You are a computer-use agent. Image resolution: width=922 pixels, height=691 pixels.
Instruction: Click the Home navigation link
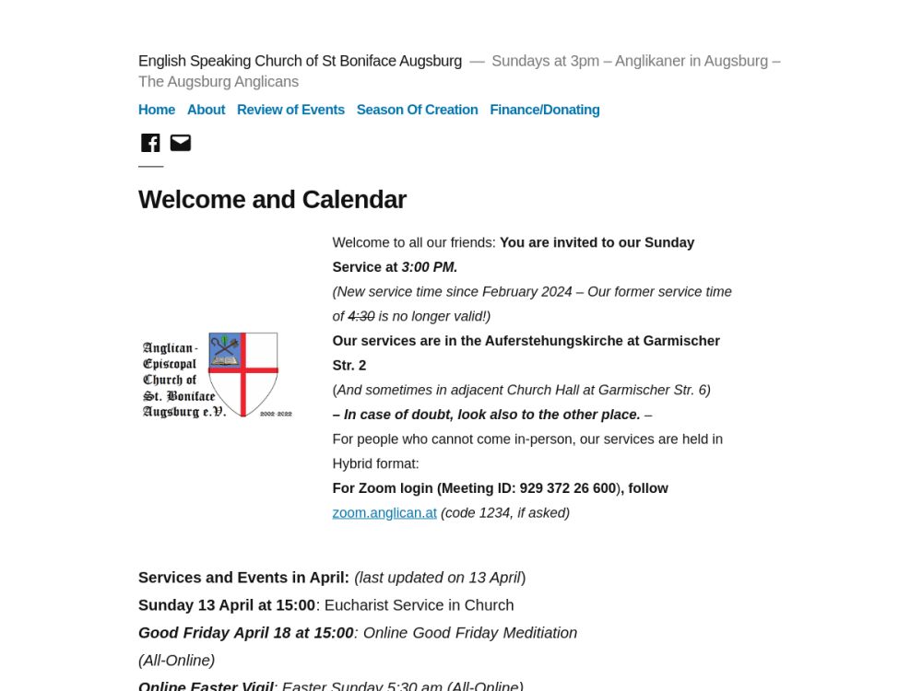click(157, 110)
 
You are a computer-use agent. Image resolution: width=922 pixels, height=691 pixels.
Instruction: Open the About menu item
click(206, 110)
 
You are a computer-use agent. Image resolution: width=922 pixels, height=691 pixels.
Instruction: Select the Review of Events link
click(290, 110)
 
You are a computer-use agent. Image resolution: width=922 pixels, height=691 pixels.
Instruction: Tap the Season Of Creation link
click(417, 110)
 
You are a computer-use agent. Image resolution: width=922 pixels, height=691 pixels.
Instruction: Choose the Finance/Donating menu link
click(545, 110)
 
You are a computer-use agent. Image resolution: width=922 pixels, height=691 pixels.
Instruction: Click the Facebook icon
click(150, 143)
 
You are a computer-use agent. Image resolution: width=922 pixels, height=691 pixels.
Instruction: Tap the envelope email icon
click(181, 143)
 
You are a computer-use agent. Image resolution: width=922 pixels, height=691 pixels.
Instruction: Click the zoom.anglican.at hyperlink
click(384, 513)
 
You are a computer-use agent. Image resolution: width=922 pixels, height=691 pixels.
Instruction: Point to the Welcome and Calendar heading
click(272, 200)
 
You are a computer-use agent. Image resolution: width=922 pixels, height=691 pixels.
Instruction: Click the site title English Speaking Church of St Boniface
click(300, 61)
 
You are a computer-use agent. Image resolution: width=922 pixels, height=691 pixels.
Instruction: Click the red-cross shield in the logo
click(242, 373)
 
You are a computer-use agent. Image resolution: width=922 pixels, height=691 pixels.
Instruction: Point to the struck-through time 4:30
click(361, 316)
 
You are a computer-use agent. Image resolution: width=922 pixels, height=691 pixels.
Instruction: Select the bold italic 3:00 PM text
click(430, 267)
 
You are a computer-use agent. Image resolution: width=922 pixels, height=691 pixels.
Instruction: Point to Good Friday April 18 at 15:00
click(246, 633)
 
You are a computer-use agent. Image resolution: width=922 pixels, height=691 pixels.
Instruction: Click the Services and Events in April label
click(243, 578)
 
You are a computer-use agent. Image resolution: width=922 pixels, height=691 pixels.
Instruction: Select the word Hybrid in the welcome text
click(354, 463)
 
